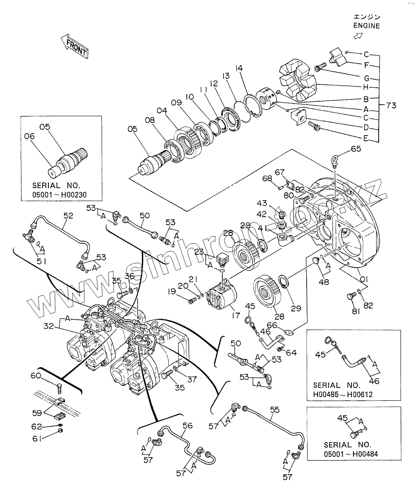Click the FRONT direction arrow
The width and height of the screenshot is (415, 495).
[75, 47]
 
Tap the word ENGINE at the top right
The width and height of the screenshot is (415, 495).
[366, 26]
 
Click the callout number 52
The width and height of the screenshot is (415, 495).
[68, 215]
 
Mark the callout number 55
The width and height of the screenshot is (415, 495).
[275, 410]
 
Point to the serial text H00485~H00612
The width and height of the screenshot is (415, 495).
[343, 395]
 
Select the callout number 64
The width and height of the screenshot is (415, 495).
[291, 352]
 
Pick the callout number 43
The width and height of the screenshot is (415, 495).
[273, 204]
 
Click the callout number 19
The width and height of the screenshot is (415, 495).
[172, 292]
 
